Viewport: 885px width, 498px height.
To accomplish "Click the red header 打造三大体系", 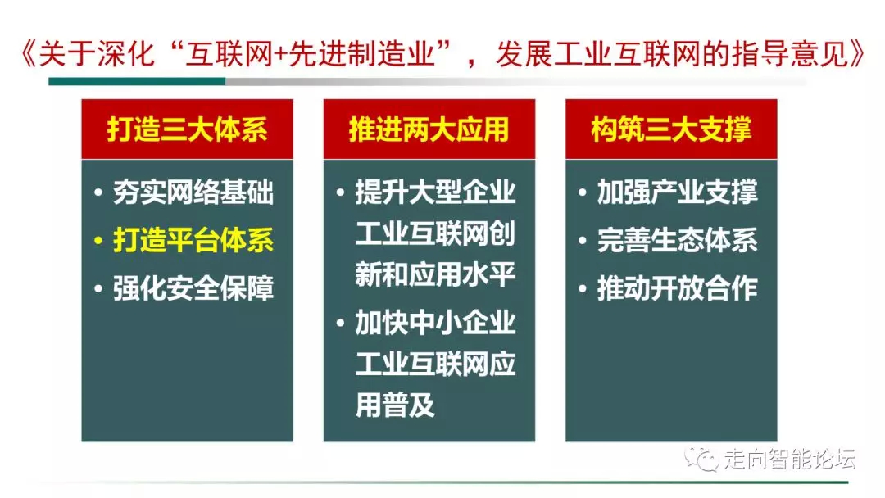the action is click(187, 129).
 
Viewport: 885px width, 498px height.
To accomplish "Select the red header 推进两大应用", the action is click(429, 129).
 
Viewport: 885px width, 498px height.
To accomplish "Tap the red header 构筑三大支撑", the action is click(671, 129).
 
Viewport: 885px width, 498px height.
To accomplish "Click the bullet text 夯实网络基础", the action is click(193, 192).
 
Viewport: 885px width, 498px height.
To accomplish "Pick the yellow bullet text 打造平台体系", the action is click(193, 240).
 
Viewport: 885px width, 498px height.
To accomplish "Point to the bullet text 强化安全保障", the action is click(193, 288).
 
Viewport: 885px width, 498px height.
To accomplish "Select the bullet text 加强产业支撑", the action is click(678, 192).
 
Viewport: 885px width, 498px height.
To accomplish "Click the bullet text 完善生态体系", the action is click(678, 240).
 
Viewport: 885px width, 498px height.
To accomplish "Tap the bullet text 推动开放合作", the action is click(678, 288).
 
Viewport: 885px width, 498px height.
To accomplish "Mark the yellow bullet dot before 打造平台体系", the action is click(98, 241).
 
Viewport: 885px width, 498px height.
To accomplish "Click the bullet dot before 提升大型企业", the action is click(340, 192).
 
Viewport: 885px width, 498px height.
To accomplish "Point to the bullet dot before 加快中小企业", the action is click(340, 324).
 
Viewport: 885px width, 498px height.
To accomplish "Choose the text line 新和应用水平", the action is click(435, 274).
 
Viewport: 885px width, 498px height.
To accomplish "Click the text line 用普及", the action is click(395, 405).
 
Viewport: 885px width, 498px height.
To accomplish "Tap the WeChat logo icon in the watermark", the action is click(701, 459).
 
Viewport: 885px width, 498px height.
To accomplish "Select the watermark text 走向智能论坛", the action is click(790, 459).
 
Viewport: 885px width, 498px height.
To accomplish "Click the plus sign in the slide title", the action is click(280, 55).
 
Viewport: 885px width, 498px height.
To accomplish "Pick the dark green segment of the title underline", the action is click(137, 82).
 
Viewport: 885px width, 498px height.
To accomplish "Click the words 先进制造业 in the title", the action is click(361, 54).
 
